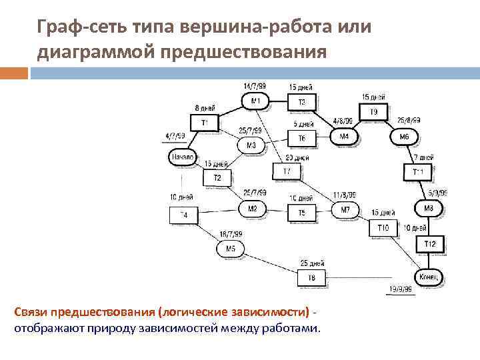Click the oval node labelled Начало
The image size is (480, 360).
pyautogui.click(x=182, y=157)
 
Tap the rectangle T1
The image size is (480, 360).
pyautogui.click(x=205, y=123)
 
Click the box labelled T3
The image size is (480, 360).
pyautogui.click(x=301, y=102)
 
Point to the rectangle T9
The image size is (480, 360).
pyautogui.click(x=374, y=112)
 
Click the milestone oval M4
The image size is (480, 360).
pyautogui.click(x=344, y=136)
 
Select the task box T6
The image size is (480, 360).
pyautogui.click(x=301, y=138)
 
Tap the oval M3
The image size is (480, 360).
pyautogui.click(x=251, y=145)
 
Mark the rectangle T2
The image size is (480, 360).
pyautogui.click(x=217, y=178)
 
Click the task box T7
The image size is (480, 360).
pyautogui.click(x=287, y=171)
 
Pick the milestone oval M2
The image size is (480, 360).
pyautogui.click(x=252, y=209)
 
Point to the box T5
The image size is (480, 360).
pyautogui.click(x=301, y=212)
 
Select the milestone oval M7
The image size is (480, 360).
pyautogui.click(x=345, y=210)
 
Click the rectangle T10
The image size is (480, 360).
pyautogui.click(x=383, y=228)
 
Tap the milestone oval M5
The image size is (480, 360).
pyautogui.click(x=231, y=249)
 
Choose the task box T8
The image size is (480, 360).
pyautogui.click(x=311, y=277)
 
